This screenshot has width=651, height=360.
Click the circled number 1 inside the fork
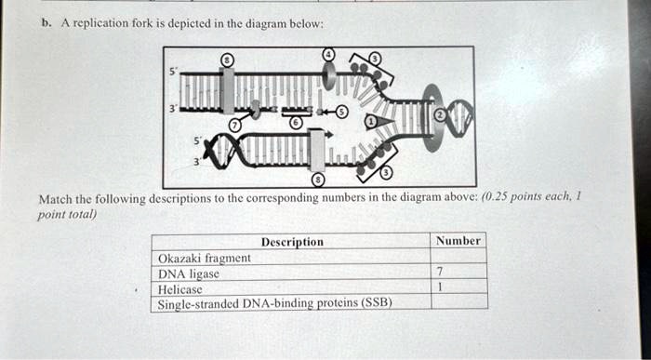click(369, 121)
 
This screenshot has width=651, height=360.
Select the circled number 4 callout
click(328, 55)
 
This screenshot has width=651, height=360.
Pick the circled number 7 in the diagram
click(235, 124)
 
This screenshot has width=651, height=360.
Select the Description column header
click(292, 242)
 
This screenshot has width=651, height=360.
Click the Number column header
click(458, 241)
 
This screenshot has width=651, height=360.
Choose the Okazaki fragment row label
click(205, 258)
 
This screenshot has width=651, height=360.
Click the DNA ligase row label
click(189, 273)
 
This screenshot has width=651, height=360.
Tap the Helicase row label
click(180, 288)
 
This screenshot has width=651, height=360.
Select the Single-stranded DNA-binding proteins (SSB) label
click(275, 302)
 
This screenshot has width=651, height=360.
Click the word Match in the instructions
click(55, 199)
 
